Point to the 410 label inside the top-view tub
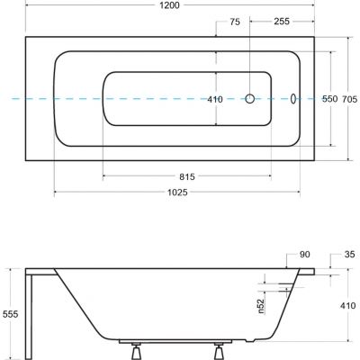(215, 100)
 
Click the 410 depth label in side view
(346, 304)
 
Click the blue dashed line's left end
(4, 99)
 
